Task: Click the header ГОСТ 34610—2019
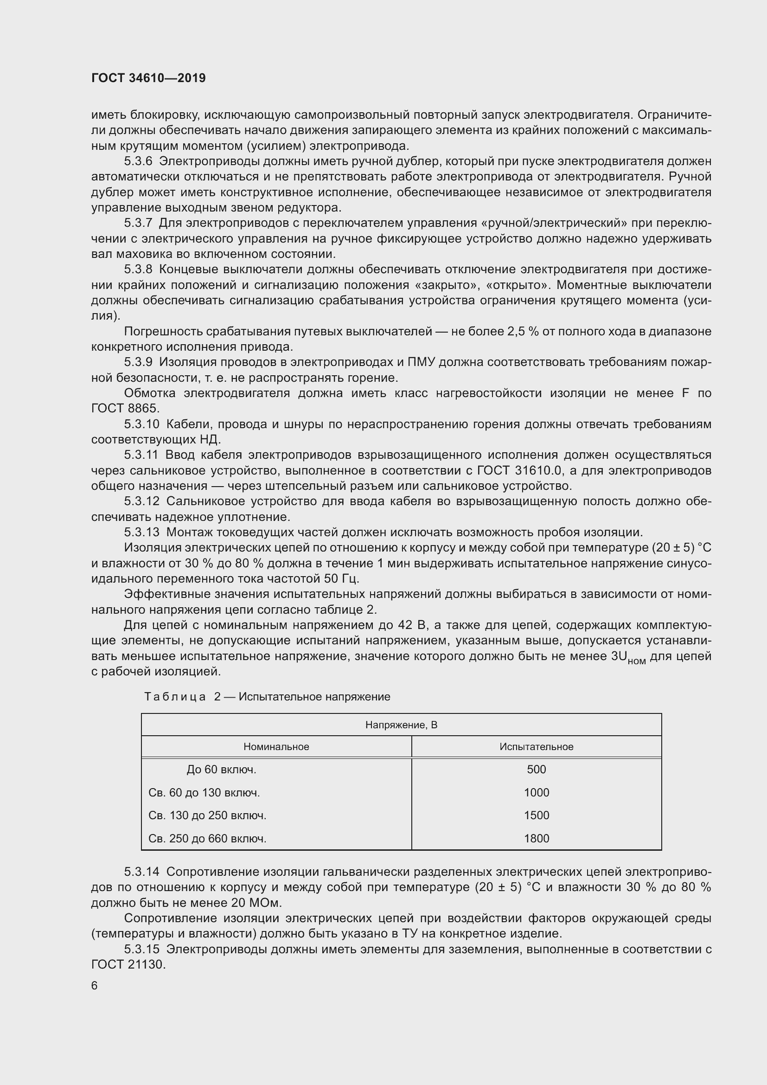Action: [148, 78]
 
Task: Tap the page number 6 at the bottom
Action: [95, 985]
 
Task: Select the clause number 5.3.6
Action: [138, 161]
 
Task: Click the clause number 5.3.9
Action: [138, 362]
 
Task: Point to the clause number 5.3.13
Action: [142, 532]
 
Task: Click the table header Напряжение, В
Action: [401, 725]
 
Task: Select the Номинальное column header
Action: [276, 747]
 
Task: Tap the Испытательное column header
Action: [536, 747]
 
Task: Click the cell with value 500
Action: [536, 769]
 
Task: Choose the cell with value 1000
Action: [536, 792]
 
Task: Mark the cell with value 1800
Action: [536, 838]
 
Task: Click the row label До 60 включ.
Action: [221, 769]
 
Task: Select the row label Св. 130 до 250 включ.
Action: [207, 815]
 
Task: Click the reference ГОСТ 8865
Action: [125, 408]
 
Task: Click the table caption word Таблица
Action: [175, 697]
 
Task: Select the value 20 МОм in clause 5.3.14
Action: [256, 903]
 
